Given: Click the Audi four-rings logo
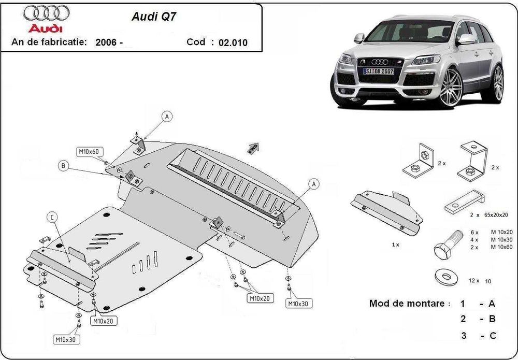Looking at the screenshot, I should click(44, 12).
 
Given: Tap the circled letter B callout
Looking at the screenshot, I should click(63, 166).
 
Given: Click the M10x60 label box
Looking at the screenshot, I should click(91, 152).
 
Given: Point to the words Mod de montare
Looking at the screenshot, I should click(406, 304).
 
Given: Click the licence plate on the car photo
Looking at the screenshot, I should click(378, 71).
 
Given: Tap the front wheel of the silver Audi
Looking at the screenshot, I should click(450, 88).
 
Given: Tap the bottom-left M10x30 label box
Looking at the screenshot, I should click(67, 340).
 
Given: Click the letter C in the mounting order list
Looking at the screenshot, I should click(492, 336).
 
